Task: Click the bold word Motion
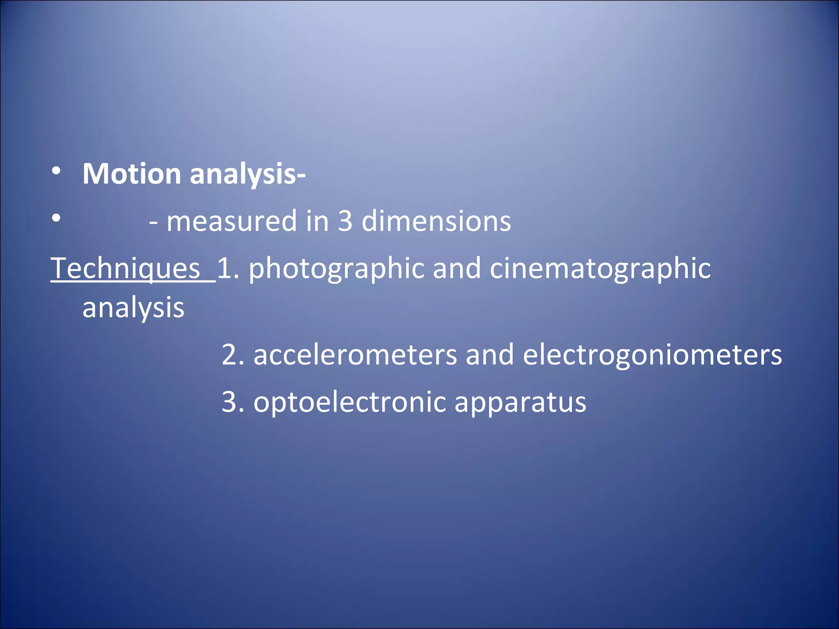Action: (x=132, y=174)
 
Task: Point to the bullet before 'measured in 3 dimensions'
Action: (x=57, y=218)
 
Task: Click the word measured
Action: (x=231, y=222)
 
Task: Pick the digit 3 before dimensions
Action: (x=345, y=221)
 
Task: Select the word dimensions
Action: (x=436, y=221)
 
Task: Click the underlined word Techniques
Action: (x=125, y=269)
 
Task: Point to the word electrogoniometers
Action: (x=652, y=355)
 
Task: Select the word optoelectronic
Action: (x=349, y=403)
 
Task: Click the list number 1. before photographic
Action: (x=228, y=269)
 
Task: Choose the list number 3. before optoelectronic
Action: (x=233, y=402)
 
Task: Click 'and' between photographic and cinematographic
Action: (x=457, y=269)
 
